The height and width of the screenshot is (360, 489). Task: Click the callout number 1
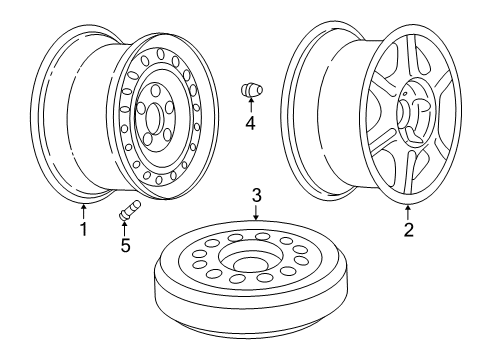coord(84,229)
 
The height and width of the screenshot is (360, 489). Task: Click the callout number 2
coord(407,229)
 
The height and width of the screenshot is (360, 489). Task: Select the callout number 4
coord(250,124)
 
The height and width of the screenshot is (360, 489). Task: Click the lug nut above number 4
coord(249,91)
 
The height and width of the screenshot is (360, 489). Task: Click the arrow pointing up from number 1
coord(84,211)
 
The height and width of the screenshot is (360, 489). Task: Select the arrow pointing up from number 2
coord(407,211)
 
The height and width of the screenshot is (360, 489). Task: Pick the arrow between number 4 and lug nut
coord(250,108)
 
